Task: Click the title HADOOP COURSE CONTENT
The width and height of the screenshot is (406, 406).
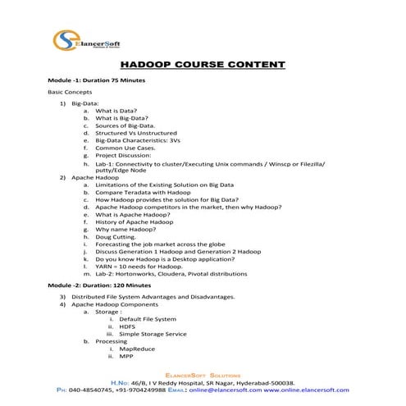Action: [x=203, y=64]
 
